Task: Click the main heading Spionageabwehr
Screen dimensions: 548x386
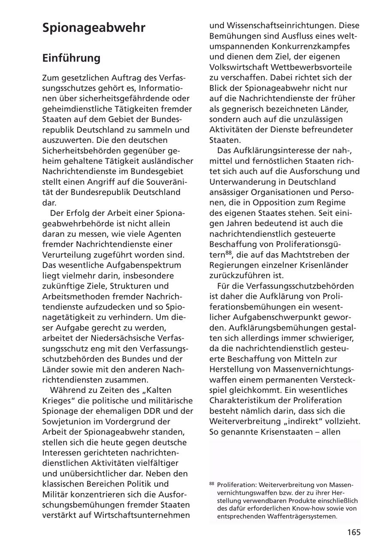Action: [94, 28]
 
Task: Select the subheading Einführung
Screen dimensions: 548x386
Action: [71, 58]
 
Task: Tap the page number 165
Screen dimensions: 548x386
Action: [354, 532]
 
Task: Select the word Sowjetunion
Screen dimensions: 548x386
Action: [66, 421]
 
